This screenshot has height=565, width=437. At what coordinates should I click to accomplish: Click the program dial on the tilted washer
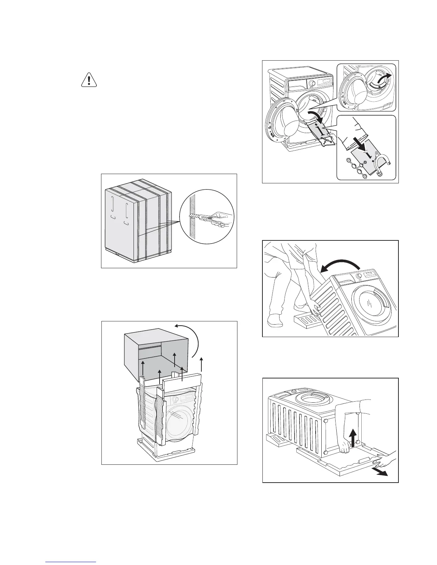pyautogui.click(x=359, y=275)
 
